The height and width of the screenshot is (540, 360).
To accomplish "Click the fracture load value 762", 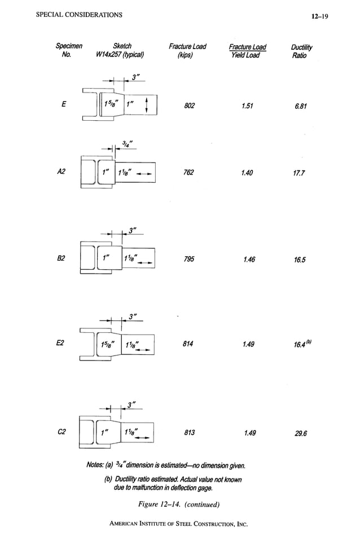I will click(188, 173).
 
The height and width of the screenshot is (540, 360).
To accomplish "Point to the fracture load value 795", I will click(189, 260).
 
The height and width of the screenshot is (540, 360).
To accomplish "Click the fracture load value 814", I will click(189, 345).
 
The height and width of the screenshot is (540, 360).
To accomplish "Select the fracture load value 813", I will click(189, 433).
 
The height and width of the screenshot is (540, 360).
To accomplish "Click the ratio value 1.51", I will click(246, 106).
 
